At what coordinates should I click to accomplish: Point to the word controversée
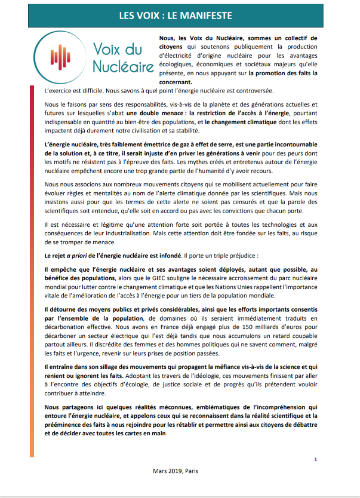[250, 91]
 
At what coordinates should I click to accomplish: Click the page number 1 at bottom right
[315, 459]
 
